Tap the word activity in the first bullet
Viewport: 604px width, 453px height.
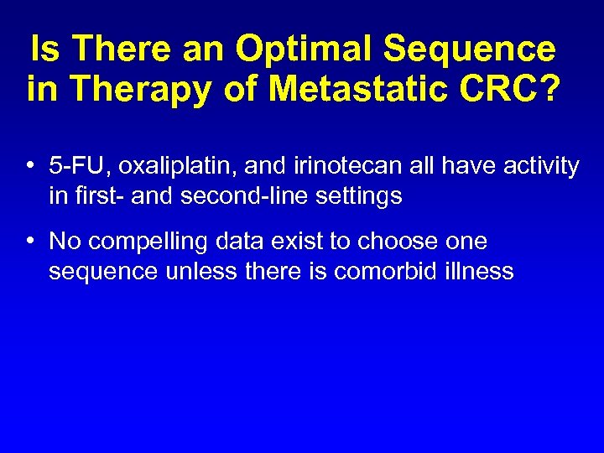[x=540, y=166]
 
